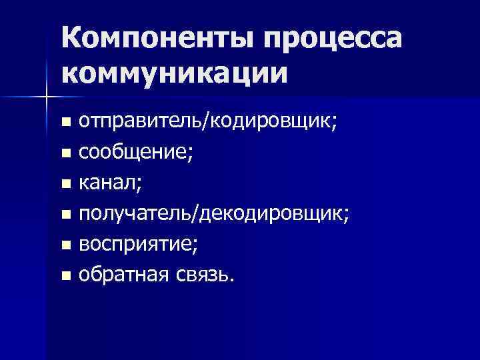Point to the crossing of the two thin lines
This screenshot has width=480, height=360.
[x=46, y=98]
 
